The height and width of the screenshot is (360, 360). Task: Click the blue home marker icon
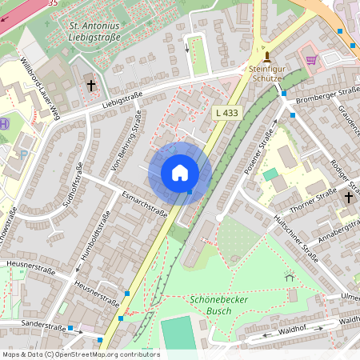pyautogui.click(x=180, y=173)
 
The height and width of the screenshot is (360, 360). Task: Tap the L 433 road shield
pyautogui.click(x=226, y=114)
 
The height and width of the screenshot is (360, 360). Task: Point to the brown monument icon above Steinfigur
pyautogui.click(x=267, y=57)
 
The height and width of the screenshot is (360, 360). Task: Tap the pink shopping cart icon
pyautogui.click(x=310, y=59)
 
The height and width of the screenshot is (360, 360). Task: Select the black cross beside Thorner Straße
pyautogui.click(x=348, y=196)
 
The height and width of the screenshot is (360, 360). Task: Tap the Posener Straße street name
pyautogui.click(x=259, y=154)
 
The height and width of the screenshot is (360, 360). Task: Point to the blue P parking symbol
pyautogui.click(x=23, y=154)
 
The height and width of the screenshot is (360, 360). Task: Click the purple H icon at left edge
pyautogui.click(x=5, y=124)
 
